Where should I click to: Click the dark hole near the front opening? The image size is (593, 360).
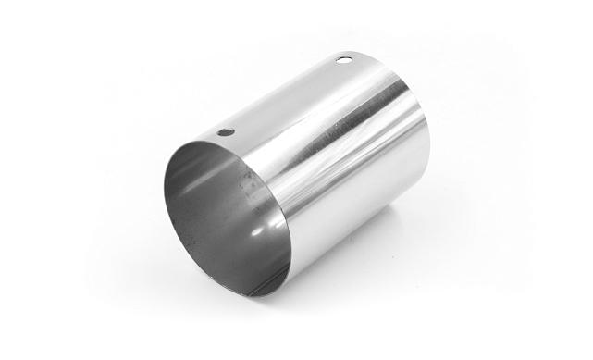225,132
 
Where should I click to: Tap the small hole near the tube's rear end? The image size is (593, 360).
343,60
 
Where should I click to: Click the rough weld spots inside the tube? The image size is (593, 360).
248,189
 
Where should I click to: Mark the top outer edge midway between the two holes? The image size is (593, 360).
282,93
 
